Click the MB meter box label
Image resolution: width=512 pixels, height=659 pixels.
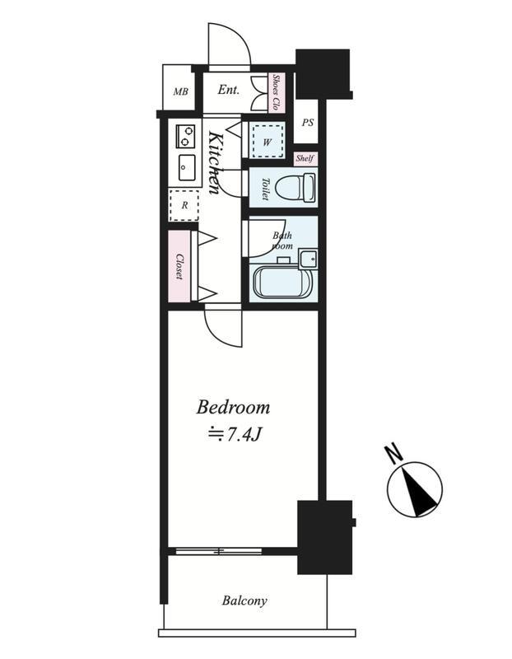tap(181, 91)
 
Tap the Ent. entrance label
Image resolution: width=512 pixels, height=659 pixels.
tap(229, 90)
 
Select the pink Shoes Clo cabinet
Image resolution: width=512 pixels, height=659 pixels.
tap(277, 92)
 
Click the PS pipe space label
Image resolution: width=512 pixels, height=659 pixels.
tap(308, 123)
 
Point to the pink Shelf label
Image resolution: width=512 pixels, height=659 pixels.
tap(305, 158)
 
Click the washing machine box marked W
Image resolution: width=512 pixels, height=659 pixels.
tap(268, 140)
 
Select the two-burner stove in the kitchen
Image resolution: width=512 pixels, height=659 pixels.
tap(186, 136)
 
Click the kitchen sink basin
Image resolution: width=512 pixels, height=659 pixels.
tap(187, 167)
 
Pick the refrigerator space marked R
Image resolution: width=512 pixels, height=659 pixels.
tap(184, 205)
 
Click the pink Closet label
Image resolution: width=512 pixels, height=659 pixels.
tap(179, 266)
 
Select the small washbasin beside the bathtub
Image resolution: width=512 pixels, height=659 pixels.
tap(309, 258)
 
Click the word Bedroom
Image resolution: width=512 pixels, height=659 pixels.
tap(233, 407)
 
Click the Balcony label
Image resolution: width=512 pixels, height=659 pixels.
tap(244, 601)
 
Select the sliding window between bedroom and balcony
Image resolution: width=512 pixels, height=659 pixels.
tap(218, 551)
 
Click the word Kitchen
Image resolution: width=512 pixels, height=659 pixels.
tap(215, 162)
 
